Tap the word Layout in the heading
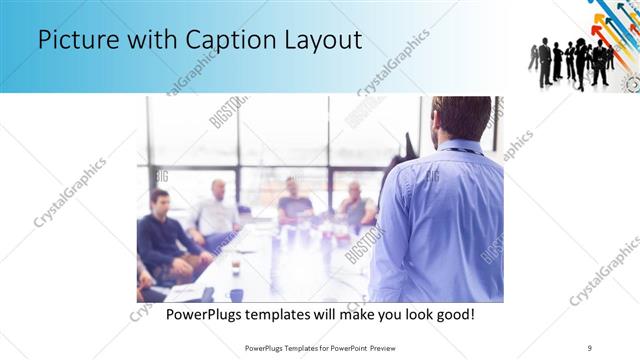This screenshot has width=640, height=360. click(x=320, y=42)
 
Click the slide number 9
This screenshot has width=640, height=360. click(x=589, y=347)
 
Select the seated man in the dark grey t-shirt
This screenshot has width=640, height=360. click(x=294, y=200)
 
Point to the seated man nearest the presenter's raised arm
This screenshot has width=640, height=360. click(x=355, y=204)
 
